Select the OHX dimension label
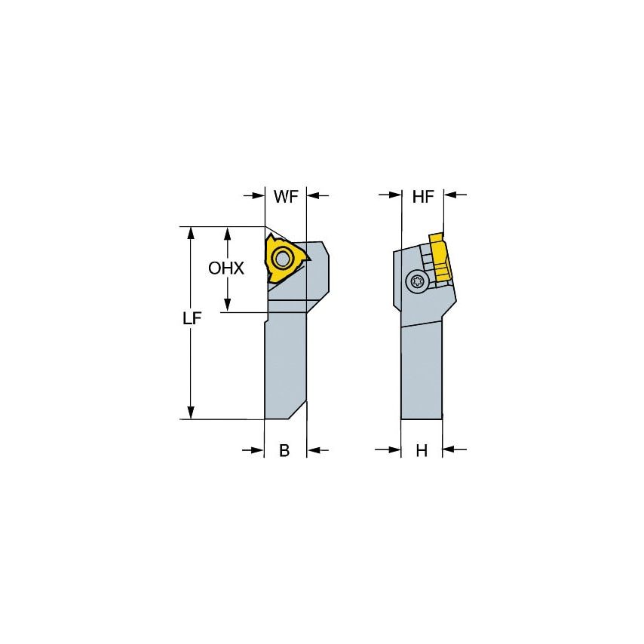[x=227, y=268]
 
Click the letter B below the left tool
[x=284, y=451]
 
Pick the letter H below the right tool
[x=422, y=451]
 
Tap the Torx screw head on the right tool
[x=416, y=282]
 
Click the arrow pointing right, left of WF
[x=254, y=196]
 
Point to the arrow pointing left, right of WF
[x=319, y=196]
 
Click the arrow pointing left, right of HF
[x=455, y=196]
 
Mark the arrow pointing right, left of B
[x=253, y=450]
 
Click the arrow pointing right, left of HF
[x=389, y=196]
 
